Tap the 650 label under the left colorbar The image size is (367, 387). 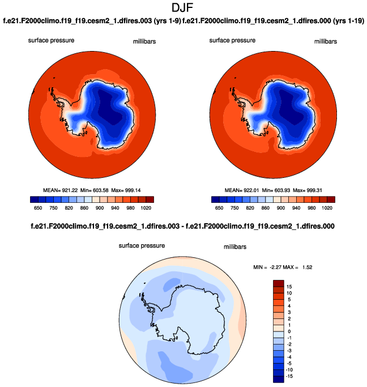pos(37,208)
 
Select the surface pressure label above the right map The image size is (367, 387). pos(232,40)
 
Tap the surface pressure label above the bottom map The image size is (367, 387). pos(142,246)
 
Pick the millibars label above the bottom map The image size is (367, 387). pos(233,247)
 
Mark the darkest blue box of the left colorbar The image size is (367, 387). pos(33,199)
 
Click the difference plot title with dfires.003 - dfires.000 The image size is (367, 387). pos(183,226)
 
